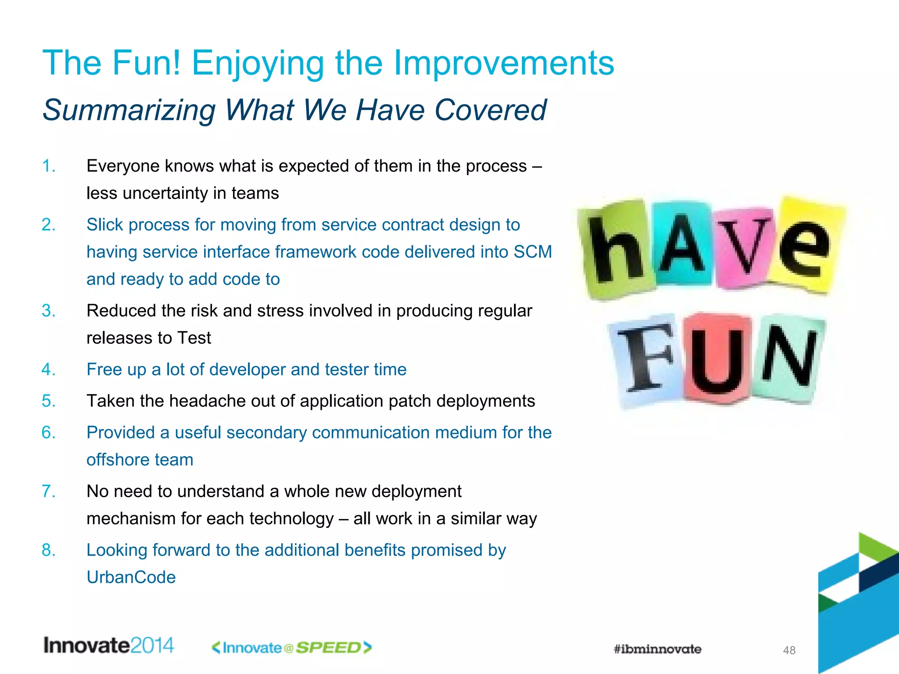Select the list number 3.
pos(48,311)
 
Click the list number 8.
pos(48,550)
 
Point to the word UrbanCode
pos(131,577)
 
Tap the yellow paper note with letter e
pos(806,246)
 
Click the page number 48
pos(789,650)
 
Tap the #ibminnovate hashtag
pos(657,649)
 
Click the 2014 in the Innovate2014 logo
pos(152,645)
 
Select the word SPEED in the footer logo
pos(328,648)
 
